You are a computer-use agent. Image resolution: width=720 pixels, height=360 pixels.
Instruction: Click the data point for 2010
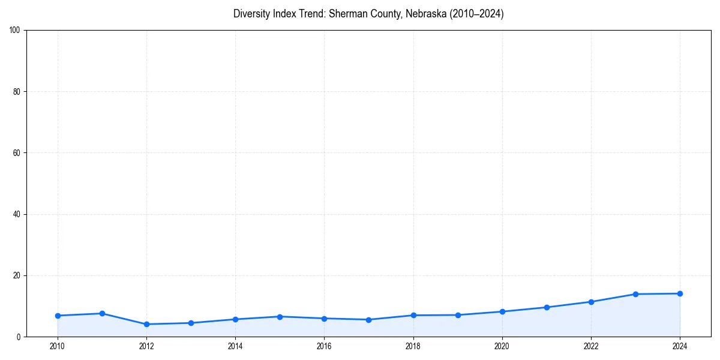coord(58,316)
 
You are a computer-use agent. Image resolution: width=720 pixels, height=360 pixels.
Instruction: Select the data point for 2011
coord(102,313)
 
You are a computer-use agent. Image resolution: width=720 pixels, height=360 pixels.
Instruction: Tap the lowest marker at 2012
coord(146,324)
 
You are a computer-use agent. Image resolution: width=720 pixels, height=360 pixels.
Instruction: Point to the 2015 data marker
coord(280,316)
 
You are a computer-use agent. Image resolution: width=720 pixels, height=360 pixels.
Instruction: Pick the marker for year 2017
coord(368,320)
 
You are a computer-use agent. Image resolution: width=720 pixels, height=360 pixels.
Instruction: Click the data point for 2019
coord(458,315)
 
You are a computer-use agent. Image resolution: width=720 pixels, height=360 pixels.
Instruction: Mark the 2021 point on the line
coord(547,307)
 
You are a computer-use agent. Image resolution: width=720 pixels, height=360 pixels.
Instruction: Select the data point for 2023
coord(635,294)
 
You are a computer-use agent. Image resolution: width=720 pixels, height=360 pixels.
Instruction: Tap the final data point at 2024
coord(680,293)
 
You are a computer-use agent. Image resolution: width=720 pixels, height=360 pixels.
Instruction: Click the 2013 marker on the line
coord(191,323)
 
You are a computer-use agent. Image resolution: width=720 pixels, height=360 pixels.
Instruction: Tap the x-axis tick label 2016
coord(324,346)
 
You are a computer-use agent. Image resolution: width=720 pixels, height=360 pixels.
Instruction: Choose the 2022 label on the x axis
coord(591,346)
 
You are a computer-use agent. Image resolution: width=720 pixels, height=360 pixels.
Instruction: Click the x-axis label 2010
coord(58,346)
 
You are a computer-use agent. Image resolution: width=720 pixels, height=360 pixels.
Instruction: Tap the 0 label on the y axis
coord(19,337)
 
